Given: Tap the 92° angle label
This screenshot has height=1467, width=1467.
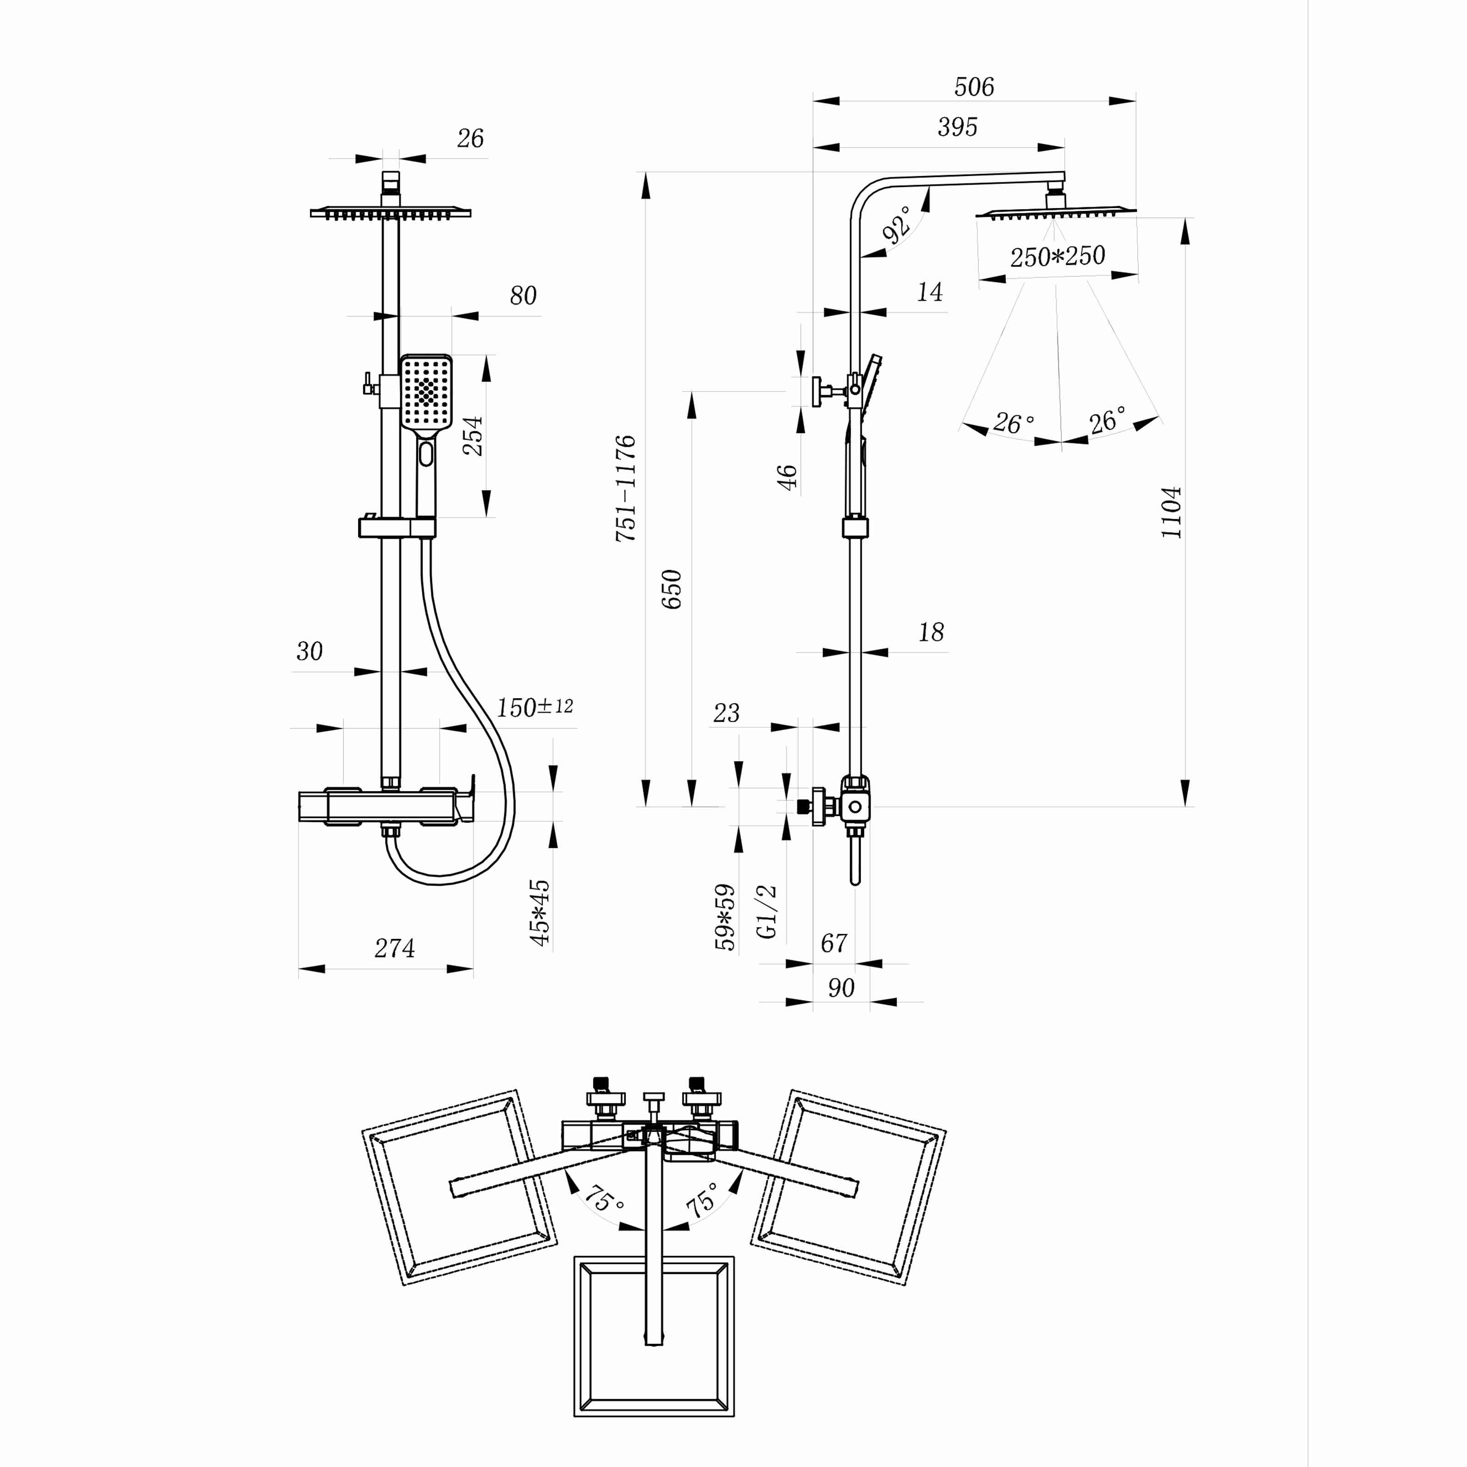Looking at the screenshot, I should pyautogui.click(x=898, y=225).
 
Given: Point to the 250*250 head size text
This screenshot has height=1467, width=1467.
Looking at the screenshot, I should pyautogui.click(x=1057, y=257).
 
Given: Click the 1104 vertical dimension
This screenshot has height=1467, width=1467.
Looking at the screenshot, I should pyautogui.click(x=1172, y=513).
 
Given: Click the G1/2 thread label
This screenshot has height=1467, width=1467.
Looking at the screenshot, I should pyautogui.click(x=768, y=911).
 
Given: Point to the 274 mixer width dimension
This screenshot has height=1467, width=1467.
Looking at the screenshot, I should pyautogui.click(x=394, y=949).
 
